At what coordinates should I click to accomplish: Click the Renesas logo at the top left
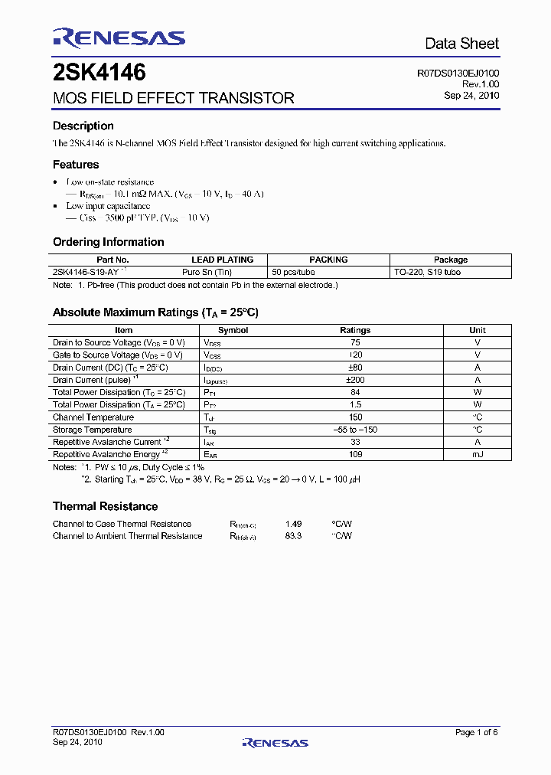point(119,38)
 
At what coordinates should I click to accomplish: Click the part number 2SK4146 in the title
point(99,74)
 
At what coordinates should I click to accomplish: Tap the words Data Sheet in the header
point(461,44)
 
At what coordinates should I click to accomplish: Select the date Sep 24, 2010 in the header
point(471,96)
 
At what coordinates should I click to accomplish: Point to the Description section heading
point(83,126)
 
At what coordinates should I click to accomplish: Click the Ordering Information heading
point(108,242)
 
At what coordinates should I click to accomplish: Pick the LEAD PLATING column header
point(222,260)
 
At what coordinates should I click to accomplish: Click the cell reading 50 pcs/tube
point(294,272)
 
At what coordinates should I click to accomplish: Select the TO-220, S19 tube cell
point(428,272)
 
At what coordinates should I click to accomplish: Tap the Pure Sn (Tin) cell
point(207,272)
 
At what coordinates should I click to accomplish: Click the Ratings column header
point(355,330)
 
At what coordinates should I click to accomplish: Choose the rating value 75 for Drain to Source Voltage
point(355,342)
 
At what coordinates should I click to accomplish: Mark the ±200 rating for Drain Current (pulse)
point(355,380)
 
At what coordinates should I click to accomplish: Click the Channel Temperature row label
point(93,417)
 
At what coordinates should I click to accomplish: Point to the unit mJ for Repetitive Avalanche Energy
point(478,454)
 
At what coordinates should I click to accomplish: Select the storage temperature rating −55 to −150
point(355,430)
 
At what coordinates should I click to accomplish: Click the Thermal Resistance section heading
point(105,506)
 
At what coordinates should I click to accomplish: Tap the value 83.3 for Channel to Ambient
point(293,536)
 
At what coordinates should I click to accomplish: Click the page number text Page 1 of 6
point(476,733)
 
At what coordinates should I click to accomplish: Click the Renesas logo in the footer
point(275,743)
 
